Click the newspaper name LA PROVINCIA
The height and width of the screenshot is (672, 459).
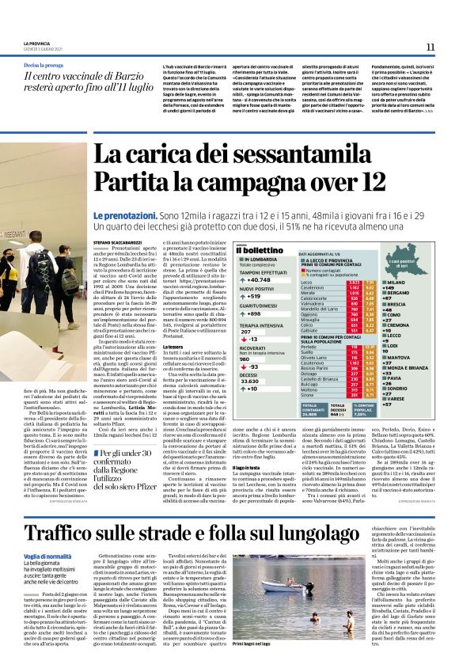(37, 43)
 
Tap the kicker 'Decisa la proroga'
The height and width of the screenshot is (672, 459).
(43, 64)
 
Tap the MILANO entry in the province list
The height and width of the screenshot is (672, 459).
(419, 283)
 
